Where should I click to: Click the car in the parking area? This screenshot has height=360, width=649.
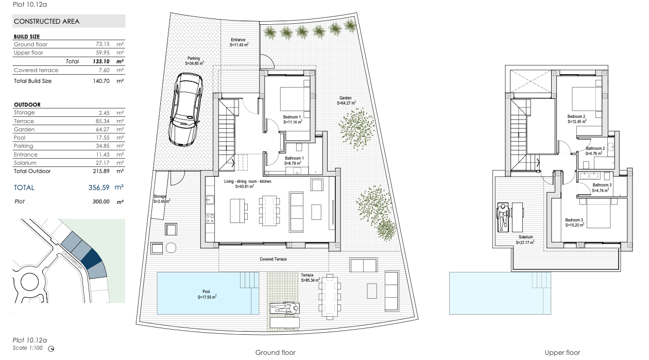click(186, 109)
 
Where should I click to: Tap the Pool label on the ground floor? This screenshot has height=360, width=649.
click(206, 292)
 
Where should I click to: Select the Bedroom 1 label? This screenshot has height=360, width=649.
click(292, 117)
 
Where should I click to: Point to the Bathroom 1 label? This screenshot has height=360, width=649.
click(295, 158)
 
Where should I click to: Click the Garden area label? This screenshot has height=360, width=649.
click(345, 98)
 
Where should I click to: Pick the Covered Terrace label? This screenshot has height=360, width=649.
click(273, 259)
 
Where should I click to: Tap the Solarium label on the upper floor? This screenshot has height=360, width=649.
click(525, 237)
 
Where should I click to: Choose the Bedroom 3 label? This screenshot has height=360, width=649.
click(574, 220)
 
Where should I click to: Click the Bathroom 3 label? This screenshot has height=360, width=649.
click(602, 185)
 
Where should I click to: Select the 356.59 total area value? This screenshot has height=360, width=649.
click(99, 187)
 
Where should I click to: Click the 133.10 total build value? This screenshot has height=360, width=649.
click(101, 61)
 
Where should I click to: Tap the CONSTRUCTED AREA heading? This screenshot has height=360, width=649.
click(47, 22)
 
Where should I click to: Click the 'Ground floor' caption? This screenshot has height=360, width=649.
click(275, 352)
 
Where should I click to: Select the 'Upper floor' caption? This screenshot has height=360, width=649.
click(562, 352)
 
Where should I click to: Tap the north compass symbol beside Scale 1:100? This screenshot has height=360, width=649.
click(51, 349)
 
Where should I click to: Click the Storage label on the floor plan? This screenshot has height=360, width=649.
click(160, 196)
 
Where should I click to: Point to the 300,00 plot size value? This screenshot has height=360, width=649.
click(101, 201)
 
